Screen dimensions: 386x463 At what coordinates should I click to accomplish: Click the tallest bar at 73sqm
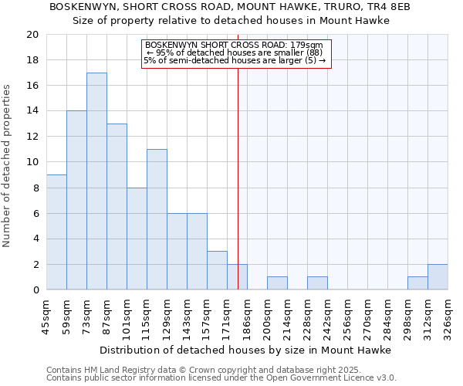[96, 181]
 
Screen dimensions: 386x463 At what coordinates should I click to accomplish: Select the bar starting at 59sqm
[76, 201]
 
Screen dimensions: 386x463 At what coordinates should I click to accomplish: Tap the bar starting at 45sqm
[56, 232]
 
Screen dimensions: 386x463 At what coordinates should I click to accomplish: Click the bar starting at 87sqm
[117, 207]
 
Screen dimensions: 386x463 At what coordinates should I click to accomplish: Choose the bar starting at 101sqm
[137, 239]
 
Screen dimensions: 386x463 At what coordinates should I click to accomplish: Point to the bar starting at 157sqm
[217, 270]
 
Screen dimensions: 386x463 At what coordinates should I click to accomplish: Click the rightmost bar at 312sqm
[438, 277]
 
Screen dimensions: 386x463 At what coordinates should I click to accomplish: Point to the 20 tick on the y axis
[32, 35]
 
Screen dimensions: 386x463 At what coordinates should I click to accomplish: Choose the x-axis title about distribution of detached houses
[247, 350]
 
